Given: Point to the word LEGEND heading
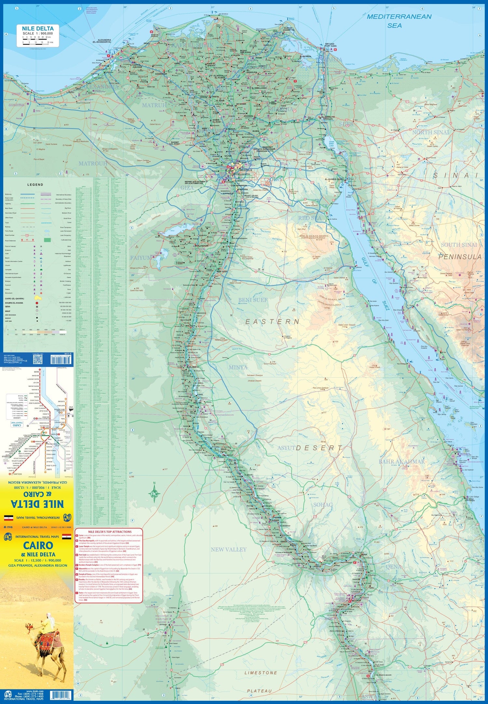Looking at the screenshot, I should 35,184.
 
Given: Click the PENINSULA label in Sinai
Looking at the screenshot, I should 459,257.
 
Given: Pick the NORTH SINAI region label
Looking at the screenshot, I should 430,132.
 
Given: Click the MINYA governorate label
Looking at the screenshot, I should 238,367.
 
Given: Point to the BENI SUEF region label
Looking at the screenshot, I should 253,300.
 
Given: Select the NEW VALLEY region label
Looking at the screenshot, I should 228,549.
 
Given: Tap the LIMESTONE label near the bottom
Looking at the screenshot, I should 261,672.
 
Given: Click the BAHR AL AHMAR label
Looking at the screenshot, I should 401,461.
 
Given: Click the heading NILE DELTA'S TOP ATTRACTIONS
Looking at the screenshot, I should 109,532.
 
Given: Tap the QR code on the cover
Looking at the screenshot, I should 38,359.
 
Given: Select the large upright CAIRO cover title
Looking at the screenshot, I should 38,545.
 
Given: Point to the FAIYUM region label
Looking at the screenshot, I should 141,258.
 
